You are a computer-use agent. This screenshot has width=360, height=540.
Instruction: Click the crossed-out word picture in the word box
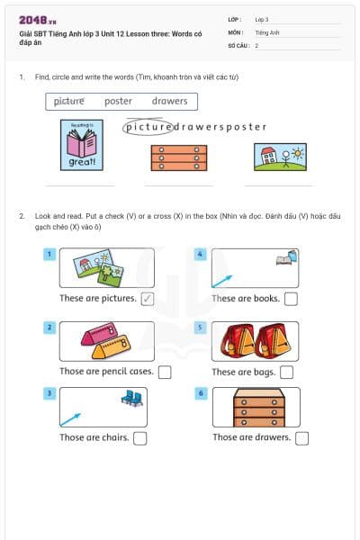coord(68,102)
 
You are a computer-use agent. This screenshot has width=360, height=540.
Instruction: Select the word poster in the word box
coord(118,102)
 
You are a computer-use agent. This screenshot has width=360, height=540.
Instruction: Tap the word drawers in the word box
coord(169,102)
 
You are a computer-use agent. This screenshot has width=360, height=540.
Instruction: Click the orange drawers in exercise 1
coord(178,157)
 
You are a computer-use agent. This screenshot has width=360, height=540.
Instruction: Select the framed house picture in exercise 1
coord(280,157)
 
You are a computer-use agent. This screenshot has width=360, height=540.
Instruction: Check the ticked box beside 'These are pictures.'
coord(148,299)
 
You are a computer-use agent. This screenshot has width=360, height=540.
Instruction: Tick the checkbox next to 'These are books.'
coord(290,299)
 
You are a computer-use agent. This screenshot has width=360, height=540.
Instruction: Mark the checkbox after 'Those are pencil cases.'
coord(164,372)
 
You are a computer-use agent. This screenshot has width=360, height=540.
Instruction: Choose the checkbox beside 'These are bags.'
coord(286,372)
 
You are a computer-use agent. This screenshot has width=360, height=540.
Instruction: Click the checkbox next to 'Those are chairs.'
coord(139,438)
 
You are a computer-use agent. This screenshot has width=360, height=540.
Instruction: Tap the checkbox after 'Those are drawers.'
coord(301,438)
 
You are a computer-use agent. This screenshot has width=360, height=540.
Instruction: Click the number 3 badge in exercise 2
coord(50,393)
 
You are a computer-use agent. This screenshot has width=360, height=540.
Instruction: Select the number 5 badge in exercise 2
coord(202,328)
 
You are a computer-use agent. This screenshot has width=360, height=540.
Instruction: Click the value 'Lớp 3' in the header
coord(262,19)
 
